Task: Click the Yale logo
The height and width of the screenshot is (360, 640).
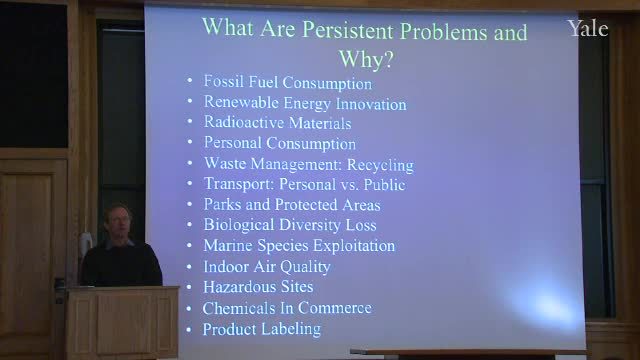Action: [588, 29]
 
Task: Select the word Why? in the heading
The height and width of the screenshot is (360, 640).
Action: [366, 59]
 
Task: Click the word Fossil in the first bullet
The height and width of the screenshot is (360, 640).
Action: [224, 81]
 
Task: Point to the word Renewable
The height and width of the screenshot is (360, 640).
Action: [241, 102]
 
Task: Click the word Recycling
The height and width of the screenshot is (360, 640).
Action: [380, 165]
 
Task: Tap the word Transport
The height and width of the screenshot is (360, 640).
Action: [239, 184]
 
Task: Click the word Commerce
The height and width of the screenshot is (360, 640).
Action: [335, 308]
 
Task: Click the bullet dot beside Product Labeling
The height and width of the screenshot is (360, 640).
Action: [189, 329]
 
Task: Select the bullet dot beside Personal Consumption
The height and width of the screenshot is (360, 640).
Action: [190, 142]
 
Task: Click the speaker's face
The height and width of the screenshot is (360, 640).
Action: [119, 223]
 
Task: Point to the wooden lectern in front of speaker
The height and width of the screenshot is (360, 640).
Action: [122, 322]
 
